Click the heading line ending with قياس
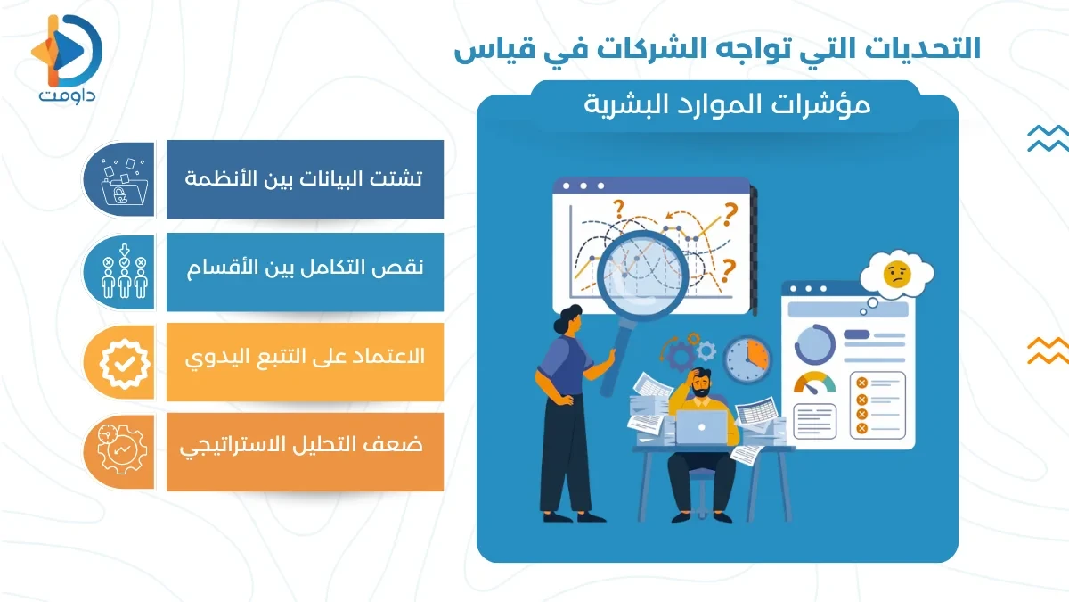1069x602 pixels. [717, 48]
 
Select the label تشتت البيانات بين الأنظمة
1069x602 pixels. [305, 178]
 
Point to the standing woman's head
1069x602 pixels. [568, 321]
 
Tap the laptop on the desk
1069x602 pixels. [701, 427]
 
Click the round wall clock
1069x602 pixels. [746, 359]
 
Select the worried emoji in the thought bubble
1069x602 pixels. [895, 275]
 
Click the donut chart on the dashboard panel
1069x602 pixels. [813, 342]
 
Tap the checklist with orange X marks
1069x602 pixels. [877, 405]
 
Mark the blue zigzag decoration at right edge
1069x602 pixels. [1047, 138]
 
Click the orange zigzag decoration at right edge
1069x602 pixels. [1047, 350]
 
